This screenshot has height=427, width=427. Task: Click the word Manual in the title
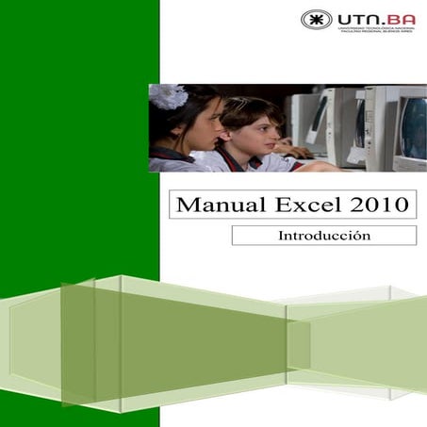(x=209, y=203)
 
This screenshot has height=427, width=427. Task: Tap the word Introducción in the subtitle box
(x=323, y=236)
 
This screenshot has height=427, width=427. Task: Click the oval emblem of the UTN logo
(x=316, y=19)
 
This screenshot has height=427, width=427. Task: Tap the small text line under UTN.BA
(x=374, y=31)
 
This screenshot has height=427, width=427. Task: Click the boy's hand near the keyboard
(x=294, y=151)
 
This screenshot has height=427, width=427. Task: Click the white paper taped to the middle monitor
(x=359, y=118)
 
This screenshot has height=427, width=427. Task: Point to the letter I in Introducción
(x=280, y=236)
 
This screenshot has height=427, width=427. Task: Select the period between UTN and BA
(x=382, y=23)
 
